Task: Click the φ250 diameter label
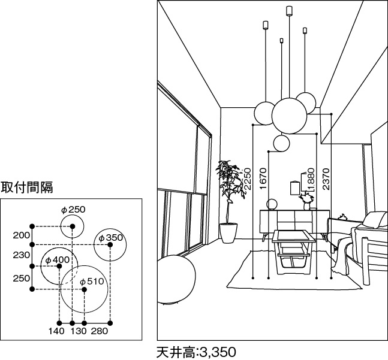(73, 210)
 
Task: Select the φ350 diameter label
(110, 238)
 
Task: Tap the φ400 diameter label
(58, 260)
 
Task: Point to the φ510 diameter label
(92, 282)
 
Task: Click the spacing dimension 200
(21, 235)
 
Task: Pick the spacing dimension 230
(21, 255)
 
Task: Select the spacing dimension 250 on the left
(21, 278)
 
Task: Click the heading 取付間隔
(27, 187)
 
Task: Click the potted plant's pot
(228, 232)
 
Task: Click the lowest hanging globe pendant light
(281, 143)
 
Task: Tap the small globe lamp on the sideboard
(271, 204)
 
